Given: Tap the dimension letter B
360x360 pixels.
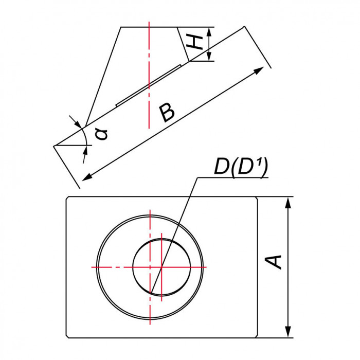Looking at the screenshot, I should click(x=168, y=112).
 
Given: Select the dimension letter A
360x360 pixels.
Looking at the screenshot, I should click(x=276, y=261).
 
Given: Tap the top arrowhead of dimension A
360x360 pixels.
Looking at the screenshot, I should click(x=288, y=202).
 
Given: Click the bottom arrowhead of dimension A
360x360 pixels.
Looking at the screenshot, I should click(x=288, y=333).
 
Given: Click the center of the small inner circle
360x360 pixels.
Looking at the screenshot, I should click(x=161, y=267).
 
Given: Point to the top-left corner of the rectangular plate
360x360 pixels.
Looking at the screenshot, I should click(x=67, y=197).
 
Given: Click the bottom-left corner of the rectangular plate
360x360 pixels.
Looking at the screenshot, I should click(x=67, y=337).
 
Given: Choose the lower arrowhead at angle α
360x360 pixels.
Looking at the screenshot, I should click(x=85, y=150).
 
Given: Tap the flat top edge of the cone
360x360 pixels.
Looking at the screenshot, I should click(x=149, y=27).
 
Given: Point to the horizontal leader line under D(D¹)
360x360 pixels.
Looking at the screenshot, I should click(x=231, y=178).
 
